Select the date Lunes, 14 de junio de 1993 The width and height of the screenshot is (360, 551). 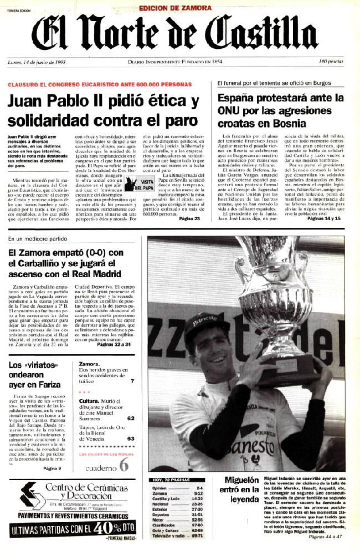(x=37, y=62)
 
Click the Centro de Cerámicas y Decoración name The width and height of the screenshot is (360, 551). (x=85, y=491)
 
